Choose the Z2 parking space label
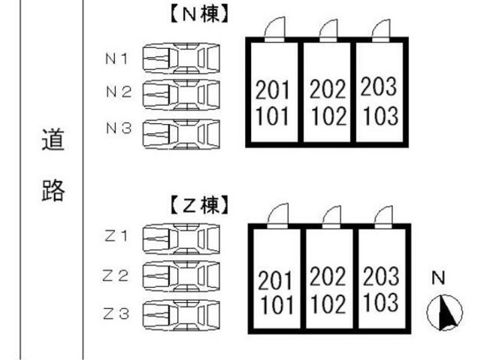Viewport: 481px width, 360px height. pyautogui.click(x=116, y=275)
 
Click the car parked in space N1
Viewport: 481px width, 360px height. pyautogui.click(x=181, y=57)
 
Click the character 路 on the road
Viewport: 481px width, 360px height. pyautogui.click(x=53, y=192)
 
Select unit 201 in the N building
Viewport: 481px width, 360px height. pyautogui.click(x=273, y=92)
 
